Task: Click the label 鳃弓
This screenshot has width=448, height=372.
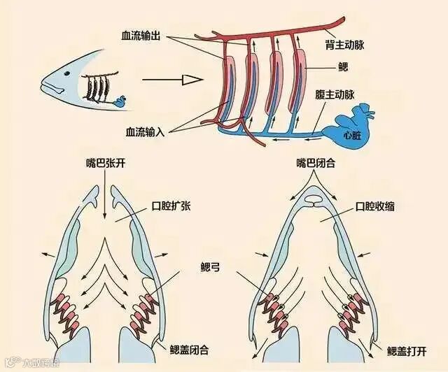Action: click(210, 266)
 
